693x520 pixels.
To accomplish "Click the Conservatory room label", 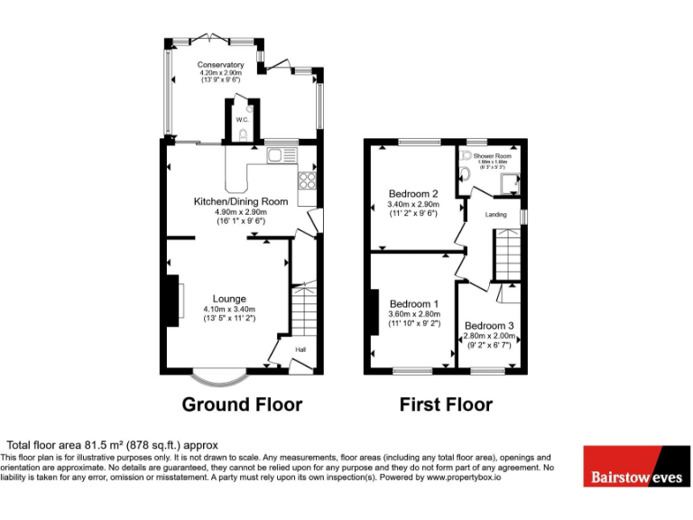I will click(221, 65).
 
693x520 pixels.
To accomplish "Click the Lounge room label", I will click(229, 299).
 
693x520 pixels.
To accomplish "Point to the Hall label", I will click(300, 350).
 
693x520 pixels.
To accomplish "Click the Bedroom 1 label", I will click(413, 304).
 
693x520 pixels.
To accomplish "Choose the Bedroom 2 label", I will click(413, 194).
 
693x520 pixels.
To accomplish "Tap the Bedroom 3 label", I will click(489, 326).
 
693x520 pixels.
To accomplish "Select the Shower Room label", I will click(492, 156).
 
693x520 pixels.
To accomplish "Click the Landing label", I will click(495, 215).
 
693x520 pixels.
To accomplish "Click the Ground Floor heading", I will click(242, 404).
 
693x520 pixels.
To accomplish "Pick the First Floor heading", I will click(446, 404).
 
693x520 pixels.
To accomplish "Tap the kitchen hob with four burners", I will click(306, 179).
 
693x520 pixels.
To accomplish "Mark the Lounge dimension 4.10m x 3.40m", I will click(229, 310).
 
